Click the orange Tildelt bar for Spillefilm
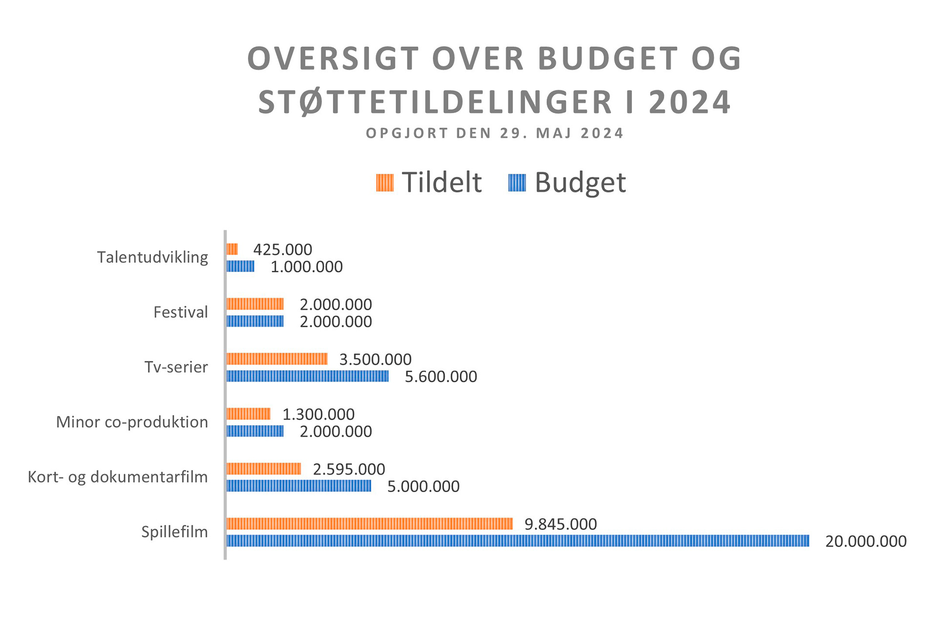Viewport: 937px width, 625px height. (x=369, y=524)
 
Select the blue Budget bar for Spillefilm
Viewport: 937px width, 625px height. (x=517, y=541)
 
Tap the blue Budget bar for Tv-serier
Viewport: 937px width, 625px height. (x=307, y=376)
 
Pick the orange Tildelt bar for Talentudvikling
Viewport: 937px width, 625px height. (x=232, y=249)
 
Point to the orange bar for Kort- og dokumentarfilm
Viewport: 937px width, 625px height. (x=264, y=469)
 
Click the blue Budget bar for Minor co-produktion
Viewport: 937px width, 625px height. (x=255, y=431)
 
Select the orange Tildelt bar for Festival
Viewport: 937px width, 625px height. (x=255, y=304)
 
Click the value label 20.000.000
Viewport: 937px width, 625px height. (x=866, y=542)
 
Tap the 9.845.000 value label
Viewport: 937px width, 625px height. (x=560, y=524)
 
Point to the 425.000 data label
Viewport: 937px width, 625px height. (x=283, y=250)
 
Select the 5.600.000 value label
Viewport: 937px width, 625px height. (x=441, y=377)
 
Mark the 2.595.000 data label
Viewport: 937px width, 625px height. (x=349, y=470)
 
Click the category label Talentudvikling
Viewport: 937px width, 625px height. (x=152, y=257)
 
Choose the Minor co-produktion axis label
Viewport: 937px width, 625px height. (x=132, y=422)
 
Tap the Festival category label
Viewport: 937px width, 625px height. (x=181, y=312)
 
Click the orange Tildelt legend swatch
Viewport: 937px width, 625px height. (x=385, y=183)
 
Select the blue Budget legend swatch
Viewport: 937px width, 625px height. (x=517, y=183)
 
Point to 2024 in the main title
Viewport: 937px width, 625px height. (x=690, y=103)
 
